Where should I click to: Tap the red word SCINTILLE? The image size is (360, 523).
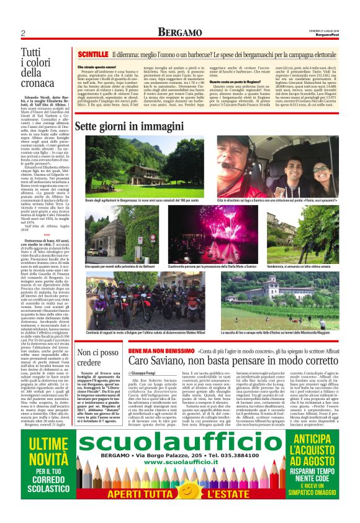(x=92, y=55)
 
